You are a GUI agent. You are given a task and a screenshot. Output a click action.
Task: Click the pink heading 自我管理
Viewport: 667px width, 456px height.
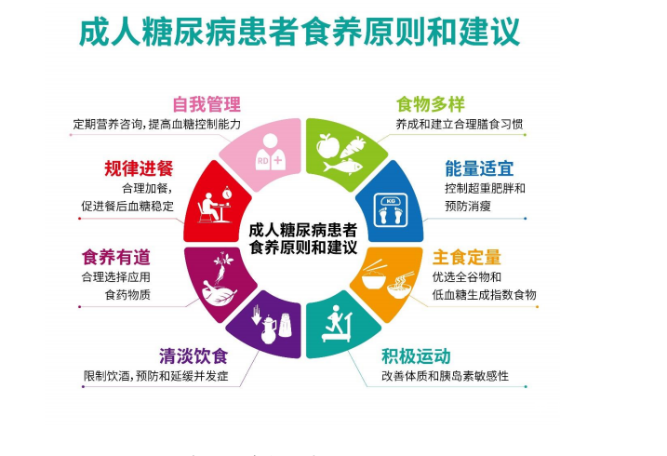coord(207,104)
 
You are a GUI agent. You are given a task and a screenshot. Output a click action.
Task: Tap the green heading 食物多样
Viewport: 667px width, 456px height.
coord(431,104)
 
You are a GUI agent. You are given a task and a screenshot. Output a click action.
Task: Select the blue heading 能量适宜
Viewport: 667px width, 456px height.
coord(479,168)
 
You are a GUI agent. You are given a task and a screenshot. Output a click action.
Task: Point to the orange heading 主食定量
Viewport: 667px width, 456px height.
coord(467,258)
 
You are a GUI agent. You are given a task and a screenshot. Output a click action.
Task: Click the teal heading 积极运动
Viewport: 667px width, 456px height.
coord(416,356)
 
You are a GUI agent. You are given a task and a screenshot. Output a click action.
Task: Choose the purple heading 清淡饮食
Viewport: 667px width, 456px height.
coord(193,356)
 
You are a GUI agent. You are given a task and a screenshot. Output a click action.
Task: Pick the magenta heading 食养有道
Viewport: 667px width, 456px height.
coord(116,258)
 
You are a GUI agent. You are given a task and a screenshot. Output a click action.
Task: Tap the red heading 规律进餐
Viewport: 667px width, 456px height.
coord(139,168)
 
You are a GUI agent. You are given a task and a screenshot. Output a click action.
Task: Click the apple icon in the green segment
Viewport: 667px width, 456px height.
coord(327,146)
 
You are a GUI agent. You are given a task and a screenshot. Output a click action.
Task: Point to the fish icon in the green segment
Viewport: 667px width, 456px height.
coord(343,166)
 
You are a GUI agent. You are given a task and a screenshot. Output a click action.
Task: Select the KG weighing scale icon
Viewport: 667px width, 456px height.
coord(391,210)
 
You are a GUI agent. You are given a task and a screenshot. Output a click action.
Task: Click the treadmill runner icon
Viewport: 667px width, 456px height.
coord(338,324)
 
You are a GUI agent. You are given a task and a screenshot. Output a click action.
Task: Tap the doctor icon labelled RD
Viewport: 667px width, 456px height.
coord(271,152)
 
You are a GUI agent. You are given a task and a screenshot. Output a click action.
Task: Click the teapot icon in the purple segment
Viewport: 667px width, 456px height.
coord(269,329)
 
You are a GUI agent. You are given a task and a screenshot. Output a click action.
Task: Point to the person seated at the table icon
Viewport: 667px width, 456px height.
coord(214,205)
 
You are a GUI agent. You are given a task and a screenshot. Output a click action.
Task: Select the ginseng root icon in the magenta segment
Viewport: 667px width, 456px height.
coord(222,266)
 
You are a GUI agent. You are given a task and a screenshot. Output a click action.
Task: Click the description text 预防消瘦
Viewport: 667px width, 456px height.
coord(468,206)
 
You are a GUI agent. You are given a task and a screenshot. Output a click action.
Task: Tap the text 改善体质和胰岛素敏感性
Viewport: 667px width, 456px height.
coord(445,376)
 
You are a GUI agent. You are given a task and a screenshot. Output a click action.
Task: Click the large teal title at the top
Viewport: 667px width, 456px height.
coord(300,32)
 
